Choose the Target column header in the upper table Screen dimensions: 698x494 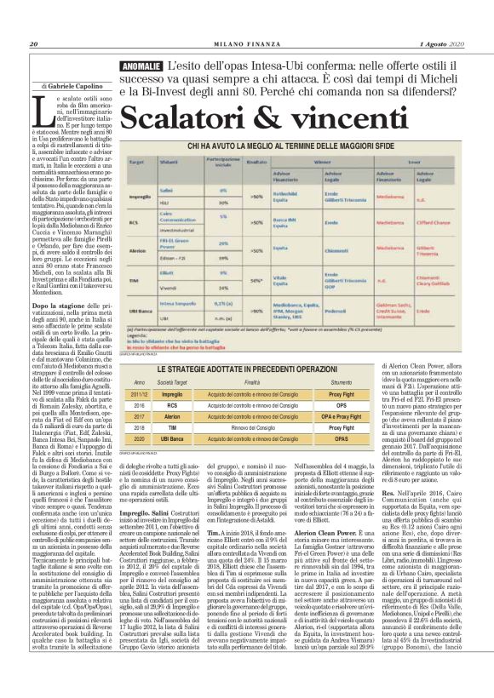point(128,160)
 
